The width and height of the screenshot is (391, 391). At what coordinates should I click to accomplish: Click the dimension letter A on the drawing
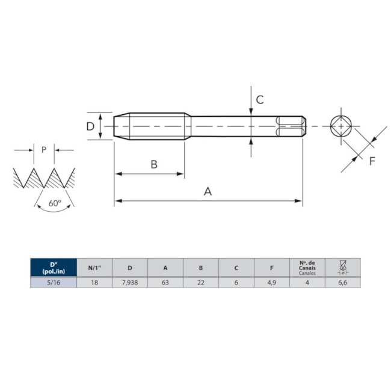(x=208, y=191)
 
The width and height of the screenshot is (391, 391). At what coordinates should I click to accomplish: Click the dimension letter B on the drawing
(x=154, y=164)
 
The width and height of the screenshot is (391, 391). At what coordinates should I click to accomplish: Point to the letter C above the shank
(x=260, y=100)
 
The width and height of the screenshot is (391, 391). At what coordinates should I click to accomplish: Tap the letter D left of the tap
(x=90, y=126)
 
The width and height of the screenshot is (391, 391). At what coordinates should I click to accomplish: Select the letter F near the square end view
(x=372, y=161)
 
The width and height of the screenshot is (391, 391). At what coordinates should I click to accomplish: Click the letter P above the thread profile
(x=44, y=150)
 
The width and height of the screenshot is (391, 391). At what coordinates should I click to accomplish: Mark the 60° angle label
(x=55, y=203)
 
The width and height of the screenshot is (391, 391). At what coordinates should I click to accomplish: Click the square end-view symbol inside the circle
(x=342, y=126)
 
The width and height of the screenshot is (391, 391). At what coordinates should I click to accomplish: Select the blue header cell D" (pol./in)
(x=54, y=268)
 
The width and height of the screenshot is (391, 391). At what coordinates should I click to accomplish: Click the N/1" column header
(x=94, y=268)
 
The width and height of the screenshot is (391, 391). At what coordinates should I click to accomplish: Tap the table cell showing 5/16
(x=54, y=282)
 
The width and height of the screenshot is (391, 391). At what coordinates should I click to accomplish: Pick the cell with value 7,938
(x=130, y=282)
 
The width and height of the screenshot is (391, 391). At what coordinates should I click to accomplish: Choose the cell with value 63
(x=165, y=282)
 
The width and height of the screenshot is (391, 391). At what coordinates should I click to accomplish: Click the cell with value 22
(x=201, y=282)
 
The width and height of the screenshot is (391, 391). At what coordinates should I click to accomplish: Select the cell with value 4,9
(x=272, y=282)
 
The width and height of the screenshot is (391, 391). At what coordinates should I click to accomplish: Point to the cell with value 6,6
(x=342, y=282)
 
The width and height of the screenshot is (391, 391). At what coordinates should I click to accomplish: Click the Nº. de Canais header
(x=307, y=268)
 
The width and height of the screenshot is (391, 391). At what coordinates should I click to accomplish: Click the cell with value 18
(x=94, y=282)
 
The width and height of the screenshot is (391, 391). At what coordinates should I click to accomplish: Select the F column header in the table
(x=272, y=268)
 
